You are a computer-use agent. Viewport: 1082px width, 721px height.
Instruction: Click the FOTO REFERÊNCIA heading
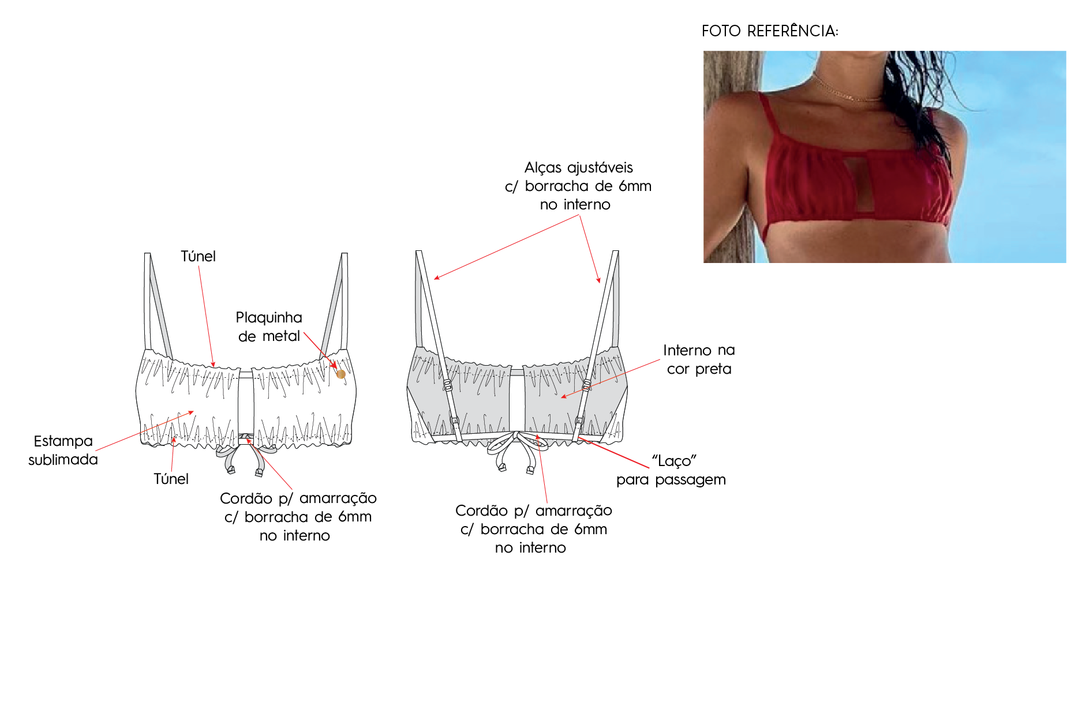[770, 31]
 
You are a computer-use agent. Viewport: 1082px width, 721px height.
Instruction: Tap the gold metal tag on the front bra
[341, 374]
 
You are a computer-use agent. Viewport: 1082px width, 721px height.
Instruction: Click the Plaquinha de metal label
[269, 326]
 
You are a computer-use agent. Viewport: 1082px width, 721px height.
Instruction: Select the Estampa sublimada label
[63, 450]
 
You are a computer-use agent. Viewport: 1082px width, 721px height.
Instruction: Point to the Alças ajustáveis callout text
[578, 186]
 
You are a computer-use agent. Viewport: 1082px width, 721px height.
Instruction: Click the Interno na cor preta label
[699, 359]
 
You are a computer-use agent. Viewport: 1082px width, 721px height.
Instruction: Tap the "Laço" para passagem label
[671, 470]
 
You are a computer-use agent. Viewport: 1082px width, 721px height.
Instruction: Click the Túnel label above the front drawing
[198, 256]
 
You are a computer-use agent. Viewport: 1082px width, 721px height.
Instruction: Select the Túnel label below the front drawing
[171, 479]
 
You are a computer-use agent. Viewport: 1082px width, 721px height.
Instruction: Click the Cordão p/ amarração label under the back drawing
[533, 529]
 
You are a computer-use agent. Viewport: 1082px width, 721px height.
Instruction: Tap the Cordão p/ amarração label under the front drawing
[298, 517]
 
